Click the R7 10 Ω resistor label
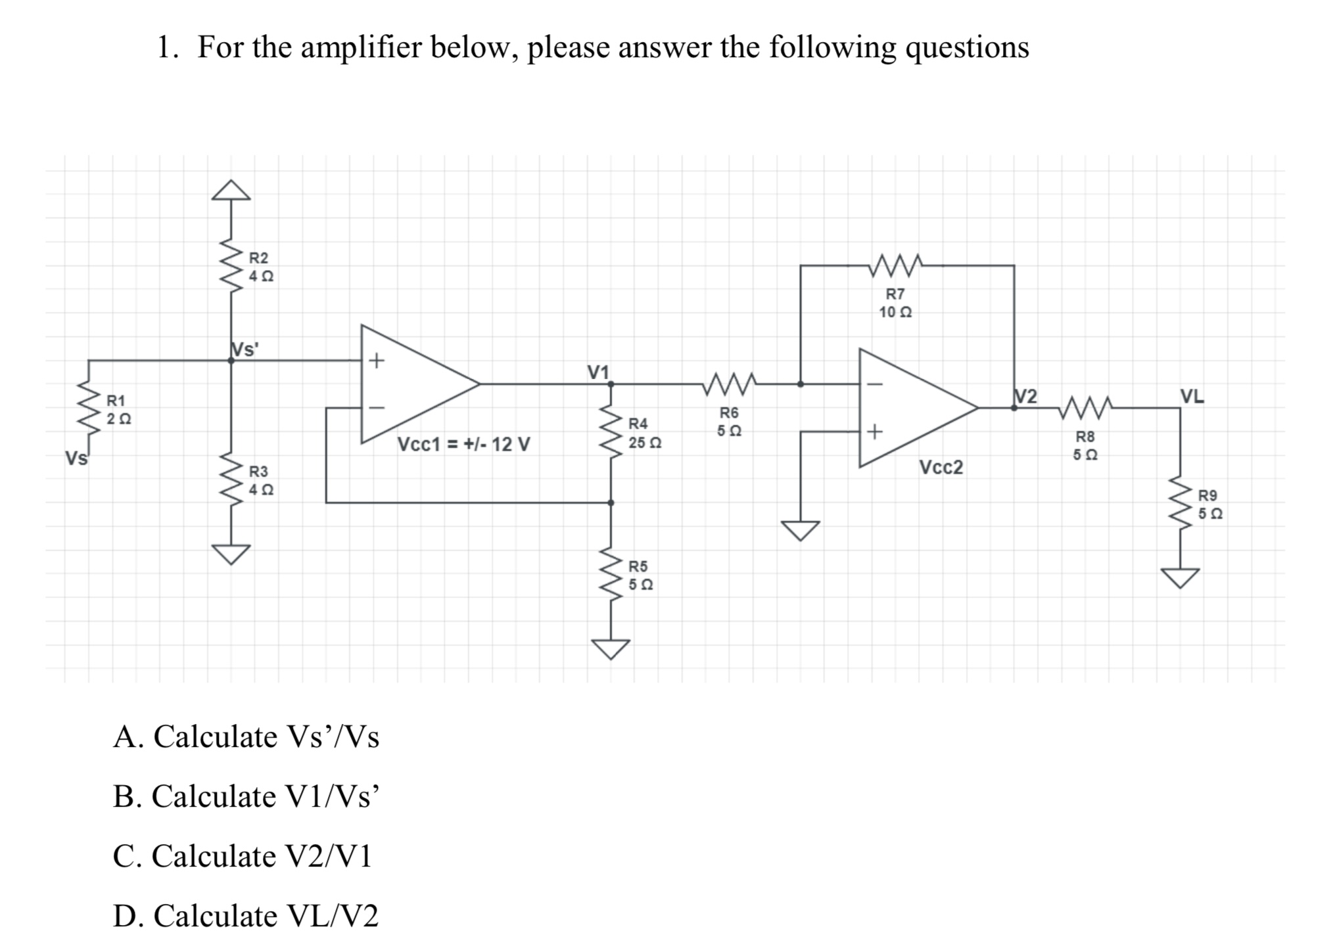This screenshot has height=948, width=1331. (x=895, y=303)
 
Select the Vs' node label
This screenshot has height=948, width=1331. (x=245, y=350)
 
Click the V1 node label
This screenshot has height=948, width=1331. (x=597, y=372)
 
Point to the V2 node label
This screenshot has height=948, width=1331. (x=1025, y=396)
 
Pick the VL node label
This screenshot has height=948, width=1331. (x=1192, y=396)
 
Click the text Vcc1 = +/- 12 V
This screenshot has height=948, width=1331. (x=463, y=445)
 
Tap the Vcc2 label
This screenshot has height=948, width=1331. (x=941, y=467)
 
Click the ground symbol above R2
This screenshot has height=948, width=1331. (x=231, y=190)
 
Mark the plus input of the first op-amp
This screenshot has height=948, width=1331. (x=376, y=360)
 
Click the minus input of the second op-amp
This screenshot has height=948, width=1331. (x=874, y=384)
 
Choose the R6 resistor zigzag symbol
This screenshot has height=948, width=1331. (x=730, y=384)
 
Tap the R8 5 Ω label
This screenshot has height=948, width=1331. (x=1085, y=445)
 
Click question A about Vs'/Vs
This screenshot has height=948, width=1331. (x=246, y=736)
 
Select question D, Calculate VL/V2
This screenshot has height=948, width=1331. (x=246, y=915)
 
